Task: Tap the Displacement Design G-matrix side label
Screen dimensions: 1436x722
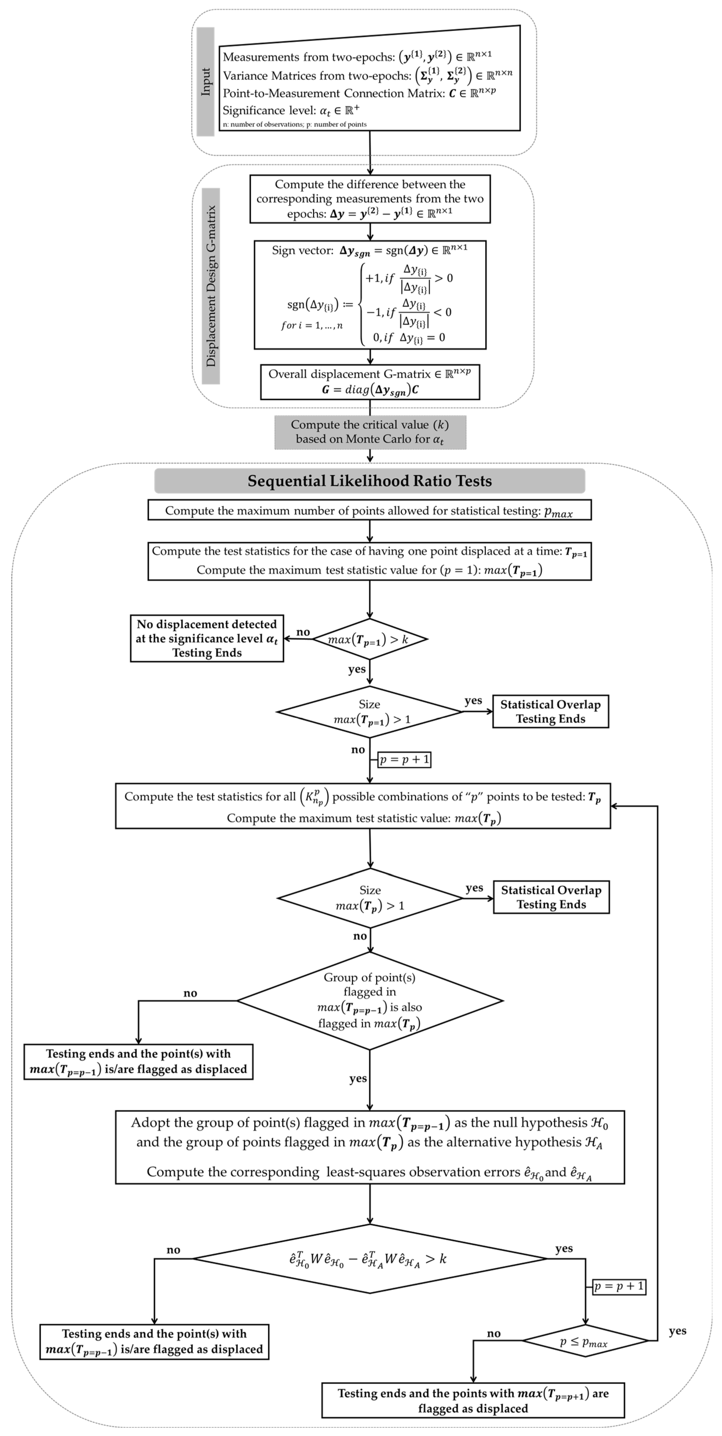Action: (x=211, y=286)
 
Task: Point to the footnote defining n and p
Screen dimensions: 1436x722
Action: (x=294, y=124)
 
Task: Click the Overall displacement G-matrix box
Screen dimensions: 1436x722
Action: (x=370, y=382)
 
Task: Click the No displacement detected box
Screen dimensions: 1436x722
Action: (x=207, y=638)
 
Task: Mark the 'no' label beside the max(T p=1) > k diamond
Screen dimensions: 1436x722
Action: (x=303, y=632)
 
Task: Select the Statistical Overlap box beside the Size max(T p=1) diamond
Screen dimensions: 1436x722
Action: (x=550, y=711)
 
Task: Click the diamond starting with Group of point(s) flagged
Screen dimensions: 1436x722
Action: (x=370, y=1001)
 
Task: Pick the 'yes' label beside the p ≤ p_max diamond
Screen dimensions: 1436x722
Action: (x=677, y=1331)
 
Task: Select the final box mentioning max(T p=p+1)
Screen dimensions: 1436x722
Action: (x=473, y=1400)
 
